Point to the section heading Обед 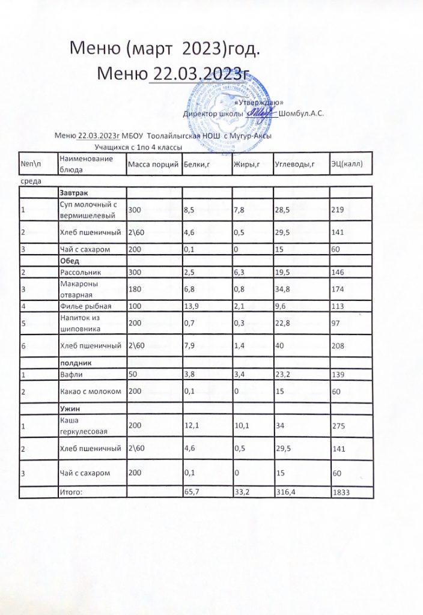point(70,261)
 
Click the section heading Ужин point(69,407)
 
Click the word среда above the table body point(30,180)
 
